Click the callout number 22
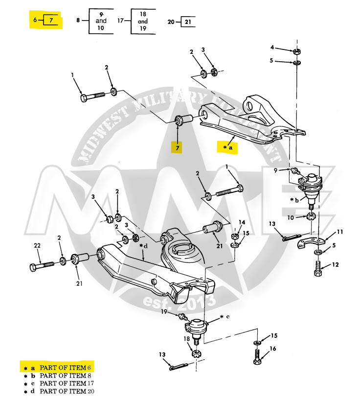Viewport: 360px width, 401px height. (36, 245)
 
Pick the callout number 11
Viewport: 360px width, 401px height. (339, 232)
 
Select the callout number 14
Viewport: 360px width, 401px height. (242, 222)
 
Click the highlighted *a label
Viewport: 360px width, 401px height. (227, 147)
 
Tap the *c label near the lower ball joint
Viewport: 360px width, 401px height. (225, 317)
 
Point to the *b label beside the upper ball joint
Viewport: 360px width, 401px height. (294, 200)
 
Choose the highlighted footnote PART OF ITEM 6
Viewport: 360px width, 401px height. (66, 367)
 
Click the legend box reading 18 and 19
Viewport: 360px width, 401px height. (143, 22)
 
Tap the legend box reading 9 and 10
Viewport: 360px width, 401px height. (101, 21)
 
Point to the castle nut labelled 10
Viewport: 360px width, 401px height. (312, 216)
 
